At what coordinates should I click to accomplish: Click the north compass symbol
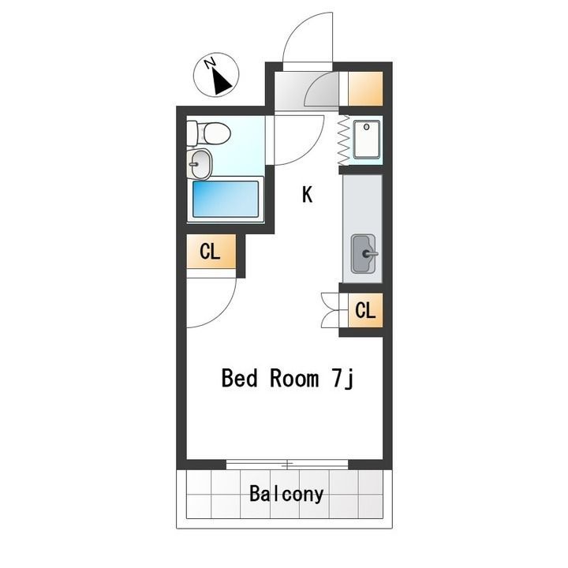216,75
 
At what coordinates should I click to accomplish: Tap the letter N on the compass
210,63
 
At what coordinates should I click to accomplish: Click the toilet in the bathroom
209,133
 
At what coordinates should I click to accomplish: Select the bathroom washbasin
199,164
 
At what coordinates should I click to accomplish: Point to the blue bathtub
226,199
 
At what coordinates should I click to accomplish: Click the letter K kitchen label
307,195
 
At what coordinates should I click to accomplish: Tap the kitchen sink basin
363,253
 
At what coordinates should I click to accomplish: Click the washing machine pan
367,140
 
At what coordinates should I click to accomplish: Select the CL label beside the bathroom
210,251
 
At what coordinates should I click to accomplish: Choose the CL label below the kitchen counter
365,310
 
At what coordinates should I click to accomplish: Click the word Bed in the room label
240,378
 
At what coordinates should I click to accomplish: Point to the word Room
294,378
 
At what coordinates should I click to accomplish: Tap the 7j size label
342,379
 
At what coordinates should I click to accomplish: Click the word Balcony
286,494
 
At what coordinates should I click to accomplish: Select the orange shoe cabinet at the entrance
365,88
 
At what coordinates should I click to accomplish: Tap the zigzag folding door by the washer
343,140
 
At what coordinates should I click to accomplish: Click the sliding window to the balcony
287,464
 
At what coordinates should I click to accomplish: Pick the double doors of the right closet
331,310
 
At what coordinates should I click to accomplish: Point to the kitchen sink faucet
370,254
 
